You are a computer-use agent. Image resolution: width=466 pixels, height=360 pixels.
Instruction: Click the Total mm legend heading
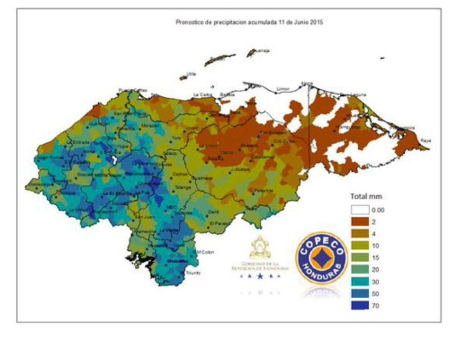367,195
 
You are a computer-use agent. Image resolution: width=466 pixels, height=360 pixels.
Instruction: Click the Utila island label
190,73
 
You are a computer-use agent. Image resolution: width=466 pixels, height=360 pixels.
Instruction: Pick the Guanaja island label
262,50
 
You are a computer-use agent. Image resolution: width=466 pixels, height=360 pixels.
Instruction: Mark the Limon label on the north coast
284,88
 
